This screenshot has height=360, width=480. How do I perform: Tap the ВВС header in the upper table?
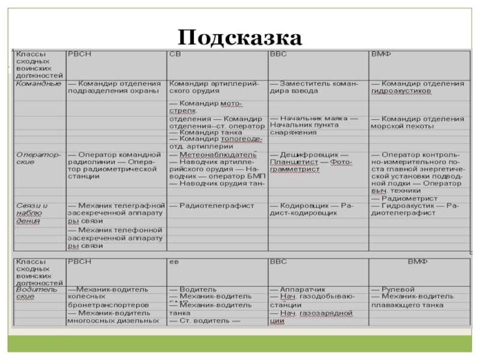278,55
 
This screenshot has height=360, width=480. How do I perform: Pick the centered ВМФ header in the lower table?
418,262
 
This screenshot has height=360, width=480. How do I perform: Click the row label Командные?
38,83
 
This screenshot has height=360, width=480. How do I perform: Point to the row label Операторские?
38,158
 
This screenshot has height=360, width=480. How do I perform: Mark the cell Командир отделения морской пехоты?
417,122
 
